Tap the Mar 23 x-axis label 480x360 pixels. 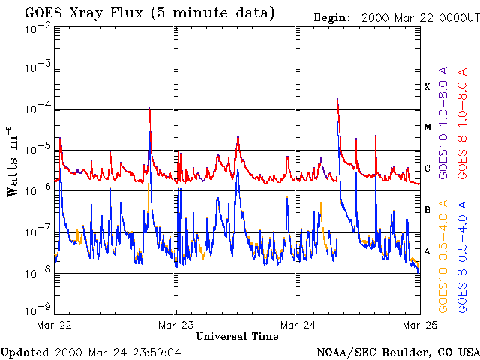click(x=175, y=325)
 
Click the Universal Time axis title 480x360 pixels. click(x=236, y=336)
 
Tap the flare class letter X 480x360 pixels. click(x=427, y=87)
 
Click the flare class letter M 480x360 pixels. click(x=427, y=127)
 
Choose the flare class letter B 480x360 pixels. click(x=427, y=209)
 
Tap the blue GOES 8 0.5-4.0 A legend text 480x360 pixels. click(x=463, y=255)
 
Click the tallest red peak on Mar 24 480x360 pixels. click(x=338, y=98)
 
